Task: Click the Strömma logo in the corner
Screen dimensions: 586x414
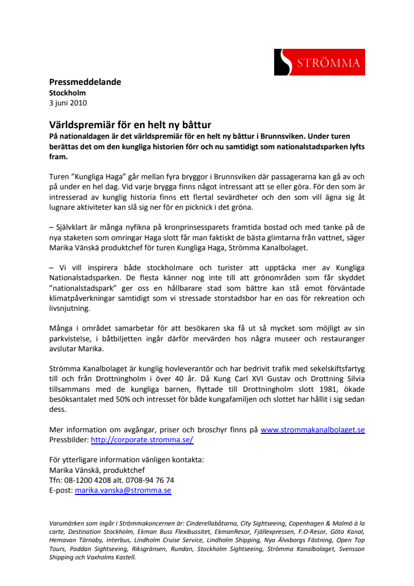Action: [x=319, y=62]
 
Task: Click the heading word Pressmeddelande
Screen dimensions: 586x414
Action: [x=85, y=82]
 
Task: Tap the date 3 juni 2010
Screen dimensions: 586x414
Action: [x=68, y=103]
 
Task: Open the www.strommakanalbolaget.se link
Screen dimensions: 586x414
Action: [x=312, y=430]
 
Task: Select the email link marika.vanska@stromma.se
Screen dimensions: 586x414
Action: [x=123, y=491]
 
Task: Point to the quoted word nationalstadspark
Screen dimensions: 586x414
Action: [x=84, y=289]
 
